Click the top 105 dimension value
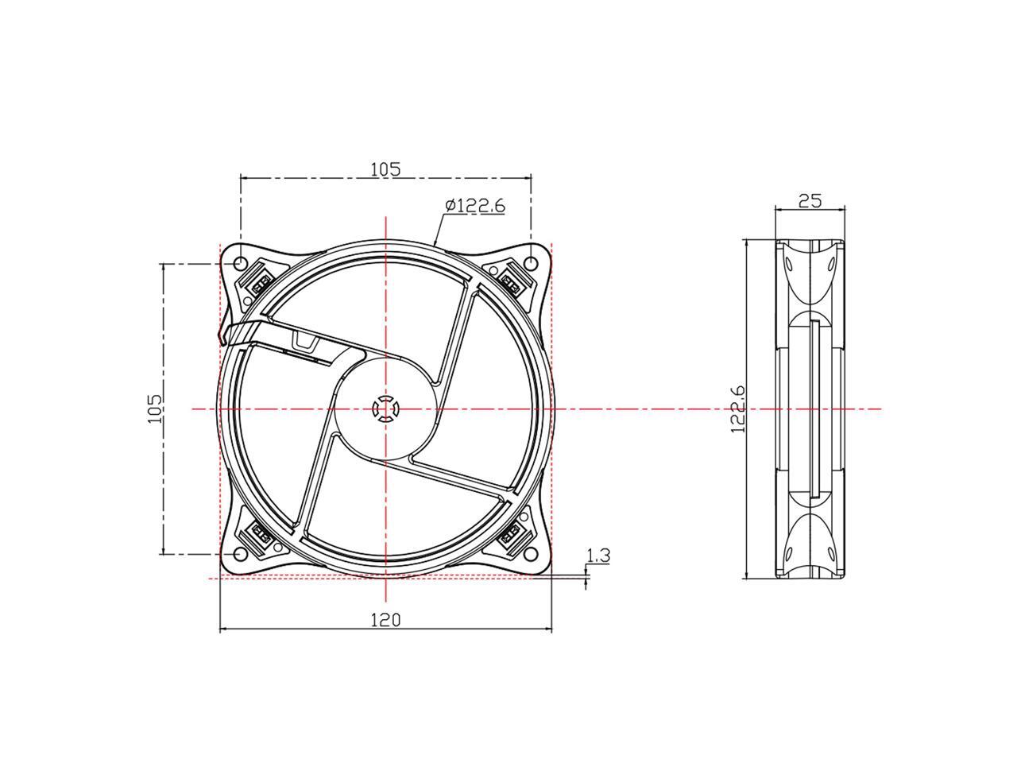pos(385,168)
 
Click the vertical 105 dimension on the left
pos(155,408)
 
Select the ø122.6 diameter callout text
pos(475,206)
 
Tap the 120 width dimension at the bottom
pos(385,619)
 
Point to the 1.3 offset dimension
pos(598,556)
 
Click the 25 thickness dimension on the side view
pos(809,200)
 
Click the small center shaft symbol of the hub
pos(385,409)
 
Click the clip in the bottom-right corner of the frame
pos(510,537)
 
